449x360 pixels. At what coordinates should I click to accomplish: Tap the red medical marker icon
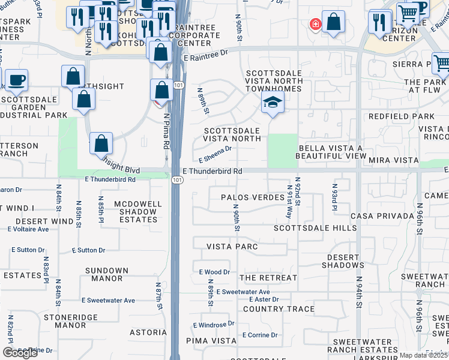click(x=314, y=24)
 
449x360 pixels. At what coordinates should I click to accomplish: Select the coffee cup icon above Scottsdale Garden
click(x=16, y=79)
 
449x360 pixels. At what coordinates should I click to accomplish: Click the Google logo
click(x=20, y=353)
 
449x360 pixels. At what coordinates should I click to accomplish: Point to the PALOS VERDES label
click(x=252, y=197)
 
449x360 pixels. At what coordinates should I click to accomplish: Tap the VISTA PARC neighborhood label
click(x=232, y=247)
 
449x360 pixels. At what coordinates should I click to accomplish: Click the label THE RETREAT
click(x=268, y=278)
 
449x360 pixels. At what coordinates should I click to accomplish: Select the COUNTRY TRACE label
click(x=279, y=309)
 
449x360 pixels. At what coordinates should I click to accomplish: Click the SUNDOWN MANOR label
click(x=107, y=275)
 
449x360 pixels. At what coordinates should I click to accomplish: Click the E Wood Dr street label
click(x=214, y=272)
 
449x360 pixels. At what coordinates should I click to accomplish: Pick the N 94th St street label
click(x=358, y=292)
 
